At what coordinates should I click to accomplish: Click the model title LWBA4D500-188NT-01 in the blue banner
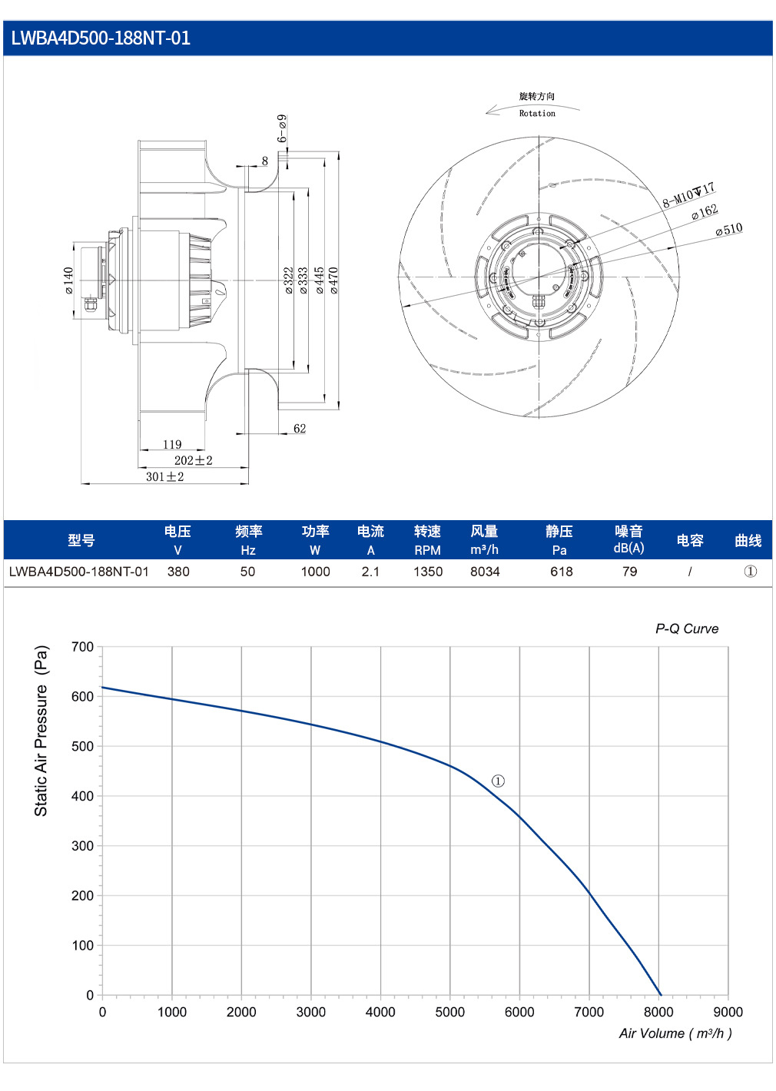pyautogui.click(x=101, y=38)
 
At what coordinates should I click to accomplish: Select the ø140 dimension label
pyautogui.click(x=68, y=280)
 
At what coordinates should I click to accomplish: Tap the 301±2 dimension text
pyautogui.click(x=164, y=477)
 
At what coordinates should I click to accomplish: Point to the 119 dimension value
pyautogui.click(x=172, y=444)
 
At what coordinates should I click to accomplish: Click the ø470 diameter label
pyautogui.click(x=333, y=280)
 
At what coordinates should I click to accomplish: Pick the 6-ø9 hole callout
pyautogui.click(x=282, y=128)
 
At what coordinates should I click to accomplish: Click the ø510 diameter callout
pyautogui.click(x=728, y=230)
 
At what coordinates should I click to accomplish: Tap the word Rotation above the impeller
pyautogui.click(x=537, y=114)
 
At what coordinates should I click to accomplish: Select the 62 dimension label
pyautogui.click(x=300, y=428)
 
